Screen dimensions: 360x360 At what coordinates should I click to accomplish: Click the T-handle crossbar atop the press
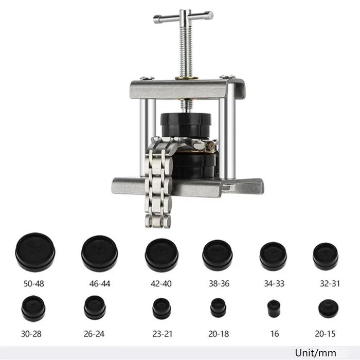pyautogui.click(x=183, y=16)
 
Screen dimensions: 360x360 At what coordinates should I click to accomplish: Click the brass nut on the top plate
pyautogui.click(x=186, y=78)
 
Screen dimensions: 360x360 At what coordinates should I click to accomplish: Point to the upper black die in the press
pyautogui.click(x=186, y=124)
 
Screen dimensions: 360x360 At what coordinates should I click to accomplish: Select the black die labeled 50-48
pyautogui.click(x=35, y=253)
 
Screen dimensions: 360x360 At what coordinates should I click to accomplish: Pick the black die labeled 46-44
pyautogui.click(x=100, y=254)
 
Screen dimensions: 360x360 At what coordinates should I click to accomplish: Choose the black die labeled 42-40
pyautogui.click(x=161, y=255)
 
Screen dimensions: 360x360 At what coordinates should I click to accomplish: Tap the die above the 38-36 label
pyautogui.click(x=217, y=256)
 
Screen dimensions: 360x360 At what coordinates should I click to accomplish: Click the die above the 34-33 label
pyautogui.click(x=273, y=256)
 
